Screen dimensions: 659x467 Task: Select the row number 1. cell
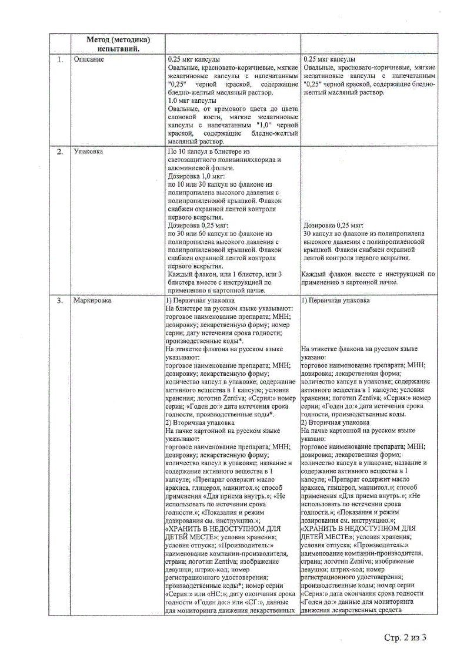point(60,60)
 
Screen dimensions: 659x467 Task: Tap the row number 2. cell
point(60,152)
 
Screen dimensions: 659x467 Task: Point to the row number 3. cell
point(60,300)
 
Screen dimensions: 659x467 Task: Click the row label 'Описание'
point(89,60)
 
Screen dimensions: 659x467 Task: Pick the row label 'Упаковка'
point(89,152)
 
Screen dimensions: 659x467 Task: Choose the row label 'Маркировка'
point(92,300)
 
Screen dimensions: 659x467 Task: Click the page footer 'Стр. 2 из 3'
point(405,638)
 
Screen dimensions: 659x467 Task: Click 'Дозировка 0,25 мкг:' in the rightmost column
point(333,226)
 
